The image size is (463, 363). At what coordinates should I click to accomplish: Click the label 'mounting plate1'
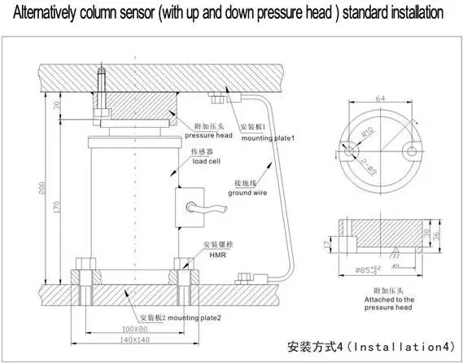(267, 137)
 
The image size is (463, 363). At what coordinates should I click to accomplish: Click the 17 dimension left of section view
(325, 242)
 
